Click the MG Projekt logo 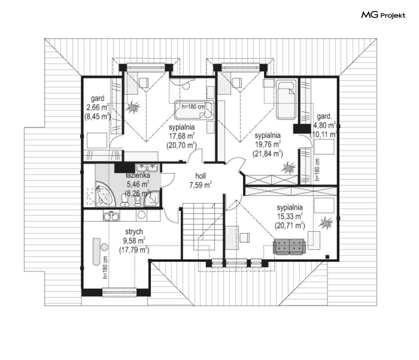pyautogui.click(x=383, y=16)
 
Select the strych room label pyautogui.click(x=134, y=231)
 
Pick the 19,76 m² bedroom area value pyautogui.click(x=267, y=145)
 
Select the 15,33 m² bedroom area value pyautogui.click(x=290, y=217)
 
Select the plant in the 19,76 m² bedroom pyautogui.click(x=288, y=169)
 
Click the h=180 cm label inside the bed pyautogui.click(x=193, y=107)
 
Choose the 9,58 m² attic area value pyautogui.click(x=134, y=241)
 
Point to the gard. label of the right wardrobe pyautogui.click(x=323, y=116)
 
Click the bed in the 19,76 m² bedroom pyautogui.click(x=286, y=99)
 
